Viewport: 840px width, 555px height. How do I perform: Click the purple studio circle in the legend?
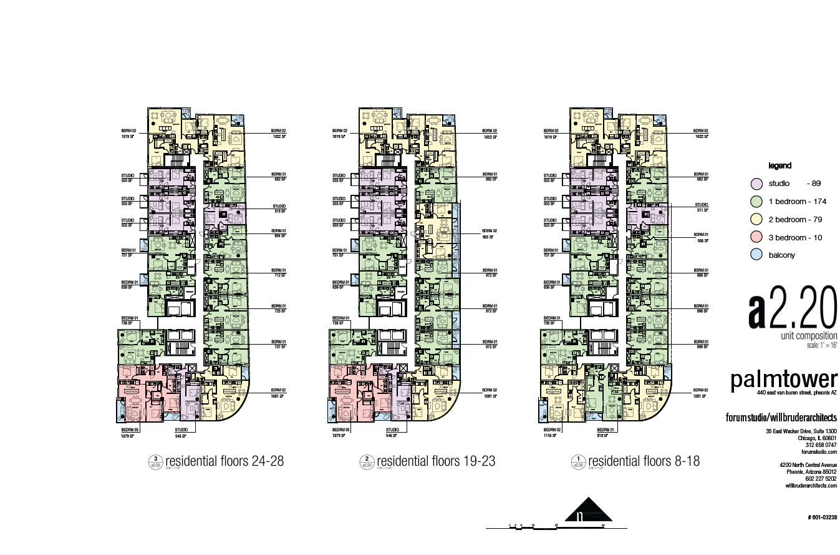pos(756,184)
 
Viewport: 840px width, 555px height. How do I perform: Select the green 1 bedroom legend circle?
pos(756,202)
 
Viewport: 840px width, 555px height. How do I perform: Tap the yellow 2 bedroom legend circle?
pos(756,220)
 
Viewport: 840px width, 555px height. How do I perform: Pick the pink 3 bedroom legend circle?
pos(756,238)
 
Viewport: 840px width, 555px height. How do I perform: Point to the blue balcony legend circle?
pos(756,255)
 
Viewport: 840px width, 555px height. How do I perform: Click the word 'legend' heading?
pos(780,166)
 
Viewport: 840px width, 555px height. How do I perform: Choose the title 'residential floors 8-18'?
pos(644,461)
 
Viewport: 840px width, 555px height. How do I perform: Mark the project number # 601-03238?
pos(822,518)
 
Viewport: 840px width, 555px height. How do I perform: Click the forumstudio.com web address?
pos(821,452)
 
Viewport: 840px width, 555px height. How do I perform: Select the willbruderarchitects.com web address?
pos(811,485)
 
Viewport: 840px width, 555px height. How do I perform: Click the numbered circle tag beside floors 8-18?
pos(578,463)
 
